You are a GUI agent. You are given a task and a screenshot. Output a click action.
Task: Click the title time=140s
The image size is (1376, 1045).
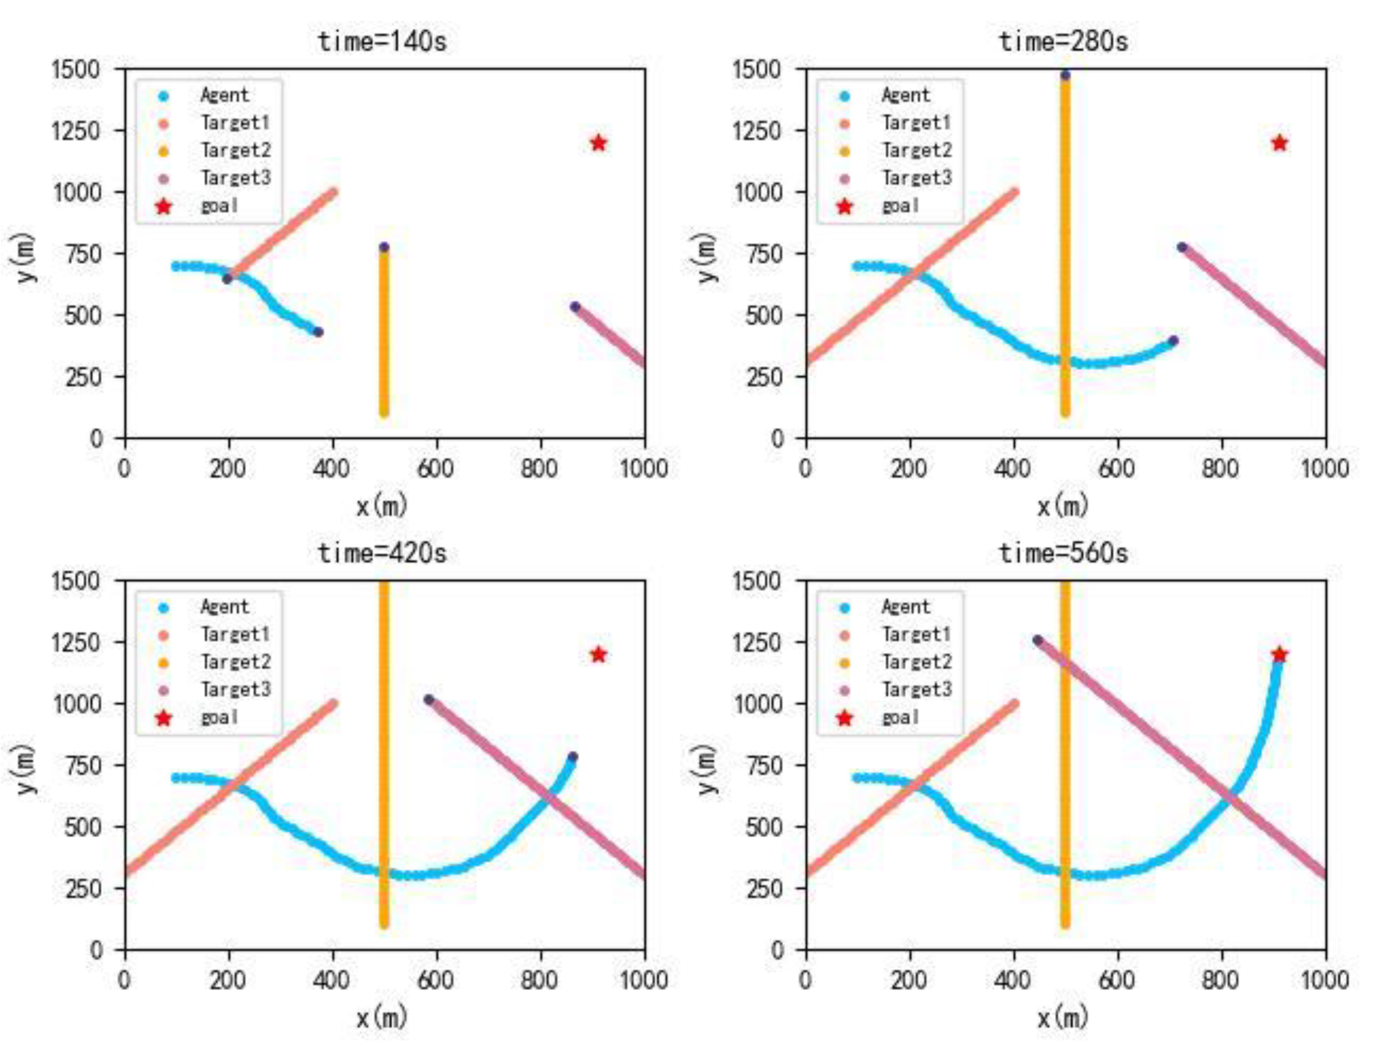[x=382, y=42]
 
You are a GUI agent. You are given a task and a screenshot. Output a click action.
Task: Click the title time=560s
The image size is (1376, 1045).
[x=1063, y=553]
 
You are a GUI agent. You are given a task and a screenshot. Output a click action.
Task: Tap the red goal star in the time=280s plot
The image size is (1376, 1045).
[x=1279, y=143]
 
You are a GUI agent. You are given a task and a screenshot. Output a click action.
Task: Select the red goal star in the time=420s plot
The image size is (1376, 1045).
[x=598, y=655]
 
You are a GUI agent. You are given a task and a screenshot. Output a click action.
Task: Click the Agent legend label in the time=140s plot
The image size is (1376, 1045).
[x=224, y=95]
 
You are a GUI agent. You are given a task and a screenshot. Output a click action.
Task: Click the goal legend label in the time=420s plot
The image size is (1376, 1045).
[x=219, y=717]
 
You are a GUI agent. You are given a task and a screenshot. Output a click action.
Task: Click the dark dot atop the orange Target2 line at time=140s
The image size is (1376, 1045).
[x=384, y=247]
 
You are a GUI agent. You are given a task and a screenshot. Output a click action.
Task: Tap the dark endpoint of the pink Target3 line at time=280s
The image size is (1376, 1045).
[x=1181, y=247]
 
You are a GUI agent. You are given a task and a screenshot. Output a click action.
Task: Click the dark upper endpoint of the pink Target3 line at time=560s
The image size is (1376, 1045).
[x=1037, y=640]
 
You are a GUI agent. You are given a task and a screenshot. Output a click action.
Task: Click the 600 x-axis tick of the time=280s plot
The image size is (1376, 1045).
[x=1117, y=468]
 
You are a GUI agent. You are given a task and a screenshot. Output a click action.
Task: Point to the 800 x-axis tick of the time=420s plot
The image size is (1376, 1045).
[x=539, y=980]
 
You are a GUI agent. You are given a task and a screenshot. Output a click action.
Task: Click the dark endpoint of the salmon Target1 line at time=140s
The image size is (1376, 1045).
[x=227, y=279]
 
